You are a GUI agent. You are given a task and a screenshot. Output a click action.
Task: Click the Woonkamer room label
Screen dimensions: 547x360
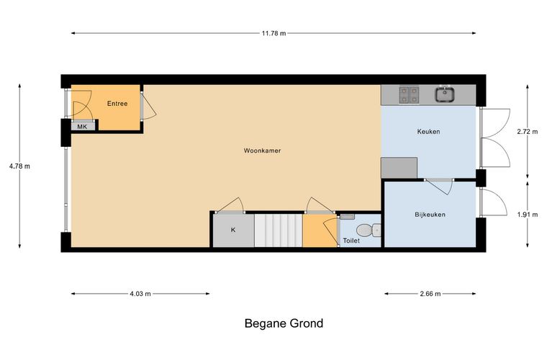[x=262, y=150]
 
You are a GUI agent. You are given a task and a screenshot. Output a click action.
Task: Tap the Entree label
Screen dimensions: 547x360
[x=117, y=104]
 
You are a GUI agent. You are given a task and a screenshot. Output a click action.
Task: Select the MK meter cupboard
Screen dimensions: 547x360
[x=83, y=126]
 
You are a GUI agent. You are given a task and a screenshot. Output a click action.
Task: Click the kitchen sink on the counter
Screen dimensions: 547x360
[x=445, y=94]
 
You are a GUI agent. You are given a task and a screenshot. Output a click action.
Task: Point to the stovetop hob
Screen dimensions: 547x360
[x=409, y=95]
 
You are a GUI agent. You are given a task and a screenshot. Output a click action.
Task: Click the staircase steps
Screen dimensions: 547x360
[x=278, y=230]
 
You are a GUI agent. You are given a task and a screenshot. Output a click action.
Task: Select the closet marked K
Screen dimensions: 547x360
[x=233, y=230]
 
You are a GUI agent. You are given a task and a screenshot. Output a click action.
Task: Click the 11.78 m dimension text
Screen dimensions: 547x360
[x=273, y=34]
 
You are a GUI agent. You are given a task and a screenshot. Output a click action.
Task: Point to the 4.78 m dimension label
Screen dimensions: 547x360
[x=19, y=166]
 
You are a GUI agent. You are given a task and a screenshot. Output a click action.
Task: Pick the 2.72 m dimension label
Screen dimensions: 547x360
[x=528, y=132]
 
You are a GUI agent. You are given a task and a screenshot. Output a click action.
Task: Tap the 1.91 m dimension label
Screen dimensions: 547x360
[x=528, y=215]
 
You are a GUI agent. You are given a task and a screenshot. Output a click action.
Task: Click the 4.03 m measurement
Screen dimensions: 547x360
[x=140, y=294]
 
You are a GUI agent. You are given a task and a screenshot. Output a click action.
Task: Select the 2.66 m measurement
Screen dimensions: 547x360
[x=430, y=294]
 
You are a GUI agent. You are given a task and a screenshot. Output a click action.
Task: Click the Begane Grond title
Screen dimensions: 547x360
[x=284, y=323]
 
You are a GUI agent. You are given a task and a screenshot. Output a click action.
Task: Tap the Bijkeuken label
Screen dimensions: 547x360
[x=430, y=215]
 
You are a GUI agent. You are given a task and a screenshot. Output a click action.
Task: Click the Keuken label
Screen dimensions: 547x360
[x=428, y=132]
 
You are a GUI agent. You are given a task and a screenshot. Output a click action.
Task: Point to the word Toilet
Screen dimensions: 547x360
[x=351, y=240]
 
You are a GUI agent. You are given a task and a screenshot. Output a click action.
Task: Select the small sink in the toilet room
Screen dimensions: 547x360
[x=347, y=217]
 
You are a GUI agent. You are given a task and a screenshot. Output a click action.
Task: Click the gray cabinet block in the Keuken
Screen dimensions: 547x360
[x=399, y=168]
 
